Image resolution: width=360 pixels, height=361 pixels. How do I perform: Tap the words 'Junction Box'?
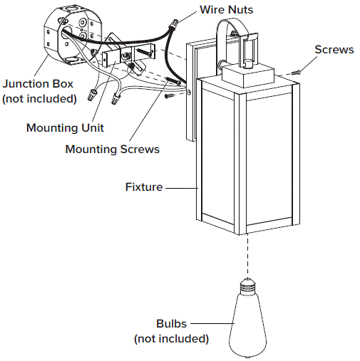[x=38, y=84]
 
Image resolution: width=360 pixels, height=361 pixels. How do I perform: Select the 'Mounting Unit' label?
[x=65, y=128]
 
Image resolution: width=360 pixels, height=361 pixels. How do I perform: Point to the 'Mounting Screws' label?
[x=112, y=150]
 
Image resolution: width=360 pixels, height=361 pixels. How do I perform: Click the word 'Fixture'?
[x=143, y=187]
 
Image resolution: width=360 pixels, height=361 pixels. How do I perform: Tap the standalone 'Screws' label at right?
[x=334, y=50]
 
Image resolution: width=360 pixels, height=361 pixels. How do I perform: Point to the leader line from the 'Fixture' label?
[x=181, y=187]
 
